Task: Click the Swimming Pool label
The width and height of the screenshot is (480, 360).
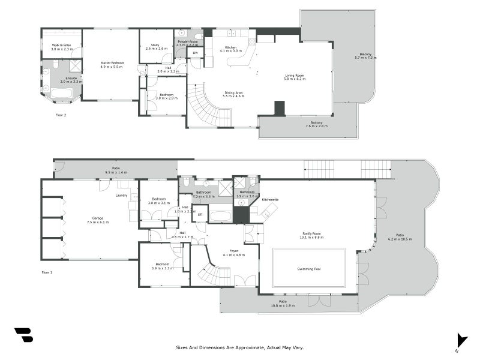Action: coord(309,269)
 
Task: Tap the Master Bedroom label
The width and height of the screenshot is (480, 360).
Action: coord(112,62)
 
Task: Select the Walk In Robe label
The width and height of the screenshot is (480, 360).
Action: coord(61,45)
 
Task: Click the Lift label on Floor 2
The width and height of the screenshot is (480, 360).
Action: coord(195,53)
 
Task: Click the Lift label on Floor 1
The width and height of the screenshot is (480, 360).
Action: coord(200,214)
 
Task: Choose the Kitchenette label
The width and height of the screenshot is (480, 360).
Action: coord(270,199)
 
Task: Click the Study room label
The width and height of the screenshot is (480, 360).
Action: coord(154,44)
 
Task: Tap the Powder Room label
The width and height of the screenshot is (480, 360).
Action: coord(187,41)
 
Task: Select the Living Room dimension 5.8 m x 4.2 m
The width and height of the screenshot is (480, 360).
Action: coord(295,79)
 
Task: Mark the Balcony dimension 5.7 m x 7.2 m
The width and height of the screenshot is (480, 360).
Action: coord(365,58)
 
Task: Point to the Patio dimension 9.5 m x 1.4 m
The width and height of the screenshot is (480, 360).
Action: coord(116,172)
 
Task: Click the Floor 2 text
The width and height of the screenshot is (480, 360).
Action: coord(61,115)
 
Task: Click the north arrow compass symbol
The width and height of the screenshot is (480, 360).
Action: coord(461,340)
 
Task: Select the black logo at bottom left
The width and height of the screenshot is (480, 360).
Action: coord(23,335)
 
